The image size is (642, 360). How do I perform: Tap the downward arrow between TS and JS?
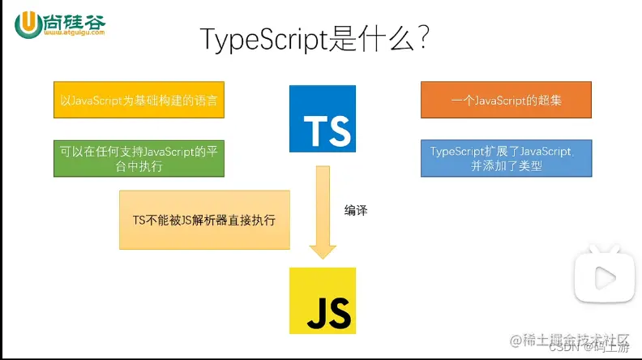[321, 211]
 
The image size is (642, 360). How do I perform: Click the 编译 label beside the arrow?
[356, 210]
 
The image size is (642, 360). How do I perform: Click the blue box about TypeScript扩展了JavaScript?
[506, 158]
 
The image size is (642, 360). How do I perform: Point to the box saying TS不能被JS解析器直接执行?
[204, 220]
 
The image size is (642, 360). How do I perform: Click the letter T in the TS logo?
[312, 131]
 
